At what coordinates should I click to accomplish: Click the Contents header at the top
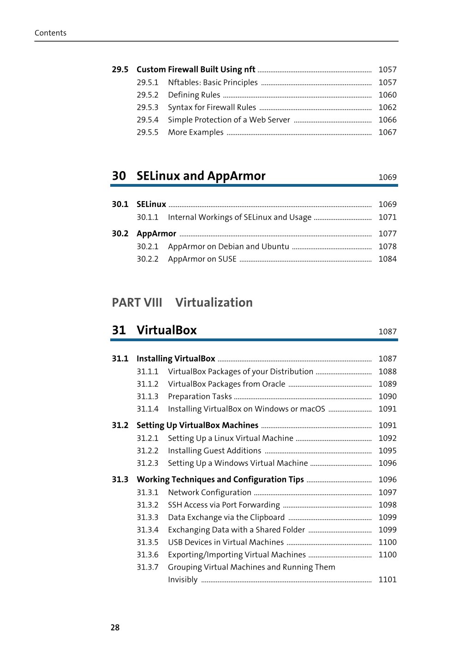(x=50, y=33)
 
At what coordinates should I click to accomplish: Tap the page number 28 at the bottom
(x=115, y=627)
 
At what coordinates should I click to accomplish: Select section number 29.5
(x=120, y=69)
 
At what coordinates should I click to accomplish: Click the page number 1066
(x=387, y=119)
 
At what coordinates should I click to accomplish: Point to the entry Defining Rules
(x=194, y=95)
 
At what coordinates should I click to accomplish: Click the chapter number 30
(x=119, y=176)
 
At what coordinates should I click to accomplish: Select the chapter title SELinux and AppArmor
(x=201, y=176)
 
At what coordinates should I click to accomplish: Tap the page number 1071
(x=387, y=217)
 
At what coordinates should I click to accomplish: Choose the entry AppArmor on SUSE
(x=202, y=259)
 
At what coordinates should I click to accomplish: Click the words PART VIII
(x=137, y=302)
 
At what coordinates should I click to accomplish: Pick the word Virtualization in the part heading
(x=214, y=302)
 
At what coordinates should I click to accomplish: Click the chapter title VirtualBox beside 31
(x=167, y=330)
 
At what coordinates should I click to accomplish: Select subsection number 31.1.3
(x=147, y=396)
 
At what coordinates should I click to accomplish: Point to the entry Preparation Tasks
(x=200, y=396)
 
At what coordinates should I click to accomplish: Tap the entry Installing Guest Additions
(x=215, y=451)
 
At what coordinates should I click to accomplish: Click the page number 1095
(x=387, y=451)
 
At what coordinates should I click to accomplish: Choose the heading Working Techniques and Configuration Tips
(x=220, y=479)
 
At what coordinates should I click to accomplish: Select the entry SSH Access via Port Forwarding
(x=224, y=504)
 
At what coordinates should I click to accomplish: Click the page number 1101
(x=387, y=579)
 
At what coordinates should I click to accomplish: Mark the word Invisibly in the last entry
(x=183, y=579)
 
